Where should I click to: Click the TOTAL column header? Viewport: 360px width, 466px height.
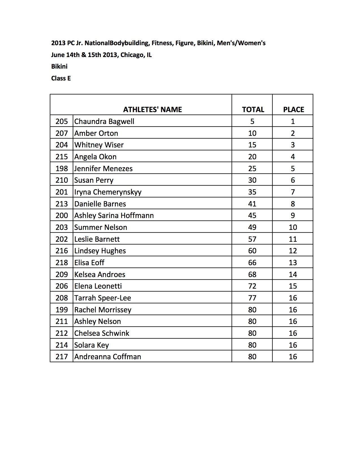tap(253, 110)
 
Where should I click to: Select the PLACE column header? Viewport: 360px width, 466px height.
tap(293, 110)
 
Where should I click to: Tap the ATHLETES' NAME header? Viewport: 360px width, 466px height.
tap(152, 110)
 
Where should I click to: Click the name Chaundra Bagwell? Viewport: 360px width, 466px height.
tap(104, 121)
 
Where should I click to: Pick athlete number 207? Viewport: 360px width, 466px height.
tap(62, 133)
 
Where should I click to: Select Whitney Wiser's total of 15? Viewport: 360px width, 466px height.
tap(252, 145)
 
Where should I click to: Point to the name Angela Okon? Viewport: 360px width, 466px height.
tap(95, 157)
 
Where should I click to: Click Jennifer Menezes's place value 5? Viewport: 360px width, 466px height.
tap(293, 169)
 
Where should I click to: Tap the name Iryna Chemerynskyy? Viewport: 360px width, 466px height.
tap(108, 192)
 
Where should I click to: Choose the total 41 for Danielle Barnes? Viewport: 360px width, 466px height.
tap(252, 204)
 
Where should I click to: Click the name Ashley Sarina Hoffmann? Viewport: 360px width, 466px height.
tap(114, 215)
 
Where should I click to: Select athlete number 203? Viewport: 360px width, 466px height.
tap(62, 227)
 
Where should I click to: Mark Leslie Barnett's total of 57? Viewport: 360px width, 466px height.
tap(252, 239)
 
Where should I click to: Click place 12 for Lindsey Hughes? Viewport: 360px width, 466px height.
tap(293, 251)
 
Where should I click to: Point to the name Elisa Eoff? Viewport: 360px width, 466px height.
tap(89, 263)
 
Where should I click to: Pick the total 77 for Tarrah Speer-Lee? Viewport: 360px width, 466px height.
tap(252, 298)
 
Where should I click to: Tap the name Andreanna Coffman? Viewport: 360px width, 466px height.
tap(108, 357)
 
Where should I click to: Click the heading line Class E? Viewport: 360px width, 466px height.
tap(61, 78)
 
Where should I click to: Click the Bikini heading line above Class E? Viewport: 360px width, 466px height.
tap(59, 66)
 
